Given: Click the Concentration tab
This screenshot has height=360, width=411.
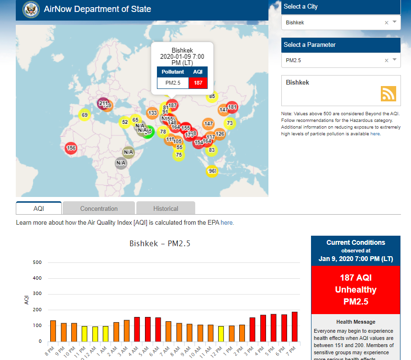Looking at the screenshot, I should (99, 208).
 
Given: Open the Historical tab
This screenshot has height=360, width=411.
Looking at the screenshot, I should (166, 208).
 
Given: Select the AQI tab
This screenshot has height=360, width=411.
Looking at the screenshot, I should (39, 208).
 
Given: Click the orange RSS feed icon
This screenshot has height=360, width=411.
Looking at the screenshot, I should (388, 94).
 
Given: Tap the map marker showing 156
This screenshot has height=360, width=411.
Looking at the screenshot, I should (71, 148).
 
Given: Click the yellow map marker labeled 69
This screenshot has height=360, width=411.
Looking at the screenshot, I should (84, 115).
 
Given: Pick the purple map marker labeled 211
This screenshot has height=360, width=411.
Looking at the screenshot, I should (103, 103).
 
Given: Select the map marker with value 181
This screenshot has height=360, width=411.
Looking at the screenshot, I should (232, 107).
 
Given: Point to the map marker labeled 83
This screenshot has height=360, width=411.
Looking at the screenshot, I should (211, 150).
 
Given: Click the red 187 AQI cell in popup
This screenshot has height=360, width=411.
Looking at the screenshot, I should (198, 83).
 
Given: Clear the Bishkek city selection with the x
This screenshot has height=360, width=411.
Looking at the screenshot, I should (387, 22).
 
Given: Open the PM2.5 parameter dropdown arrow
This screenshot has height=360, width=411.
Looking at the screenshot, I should (394, 60).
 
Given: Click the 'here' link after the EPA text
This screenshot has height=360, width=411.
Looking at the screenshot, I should (227, 223).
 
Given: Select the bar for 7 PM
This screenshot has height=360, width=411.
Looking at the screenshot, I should (295, 326).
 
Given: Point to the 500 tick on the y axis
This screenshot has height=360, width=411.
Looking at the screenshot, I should (37, 262).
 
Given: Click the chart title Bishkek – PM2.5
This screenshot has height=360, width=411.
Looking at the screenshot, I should (160, 244).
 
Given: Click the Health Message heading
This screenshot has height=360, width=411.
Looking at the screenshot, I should (355, 322).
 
